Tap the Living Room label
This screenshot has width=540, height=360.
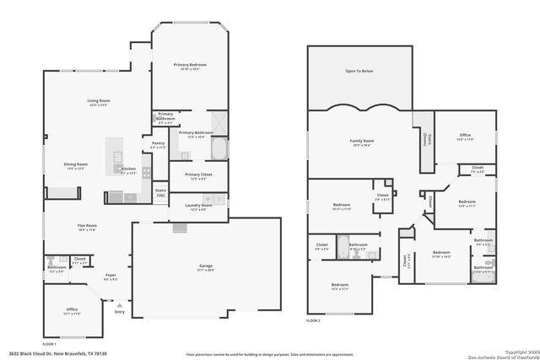point(99,101)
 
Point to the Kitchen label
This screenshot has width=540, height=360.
point(128,169)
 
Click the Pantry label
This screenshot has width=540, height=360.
point(158,143)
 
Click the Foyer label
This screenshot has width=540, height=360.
point(111,274)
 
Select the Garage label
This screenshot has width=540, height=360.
point(205,266)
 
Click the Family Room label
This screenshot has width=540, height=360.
point(361,141)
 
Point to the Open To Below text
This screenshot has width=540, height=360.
point(359,72)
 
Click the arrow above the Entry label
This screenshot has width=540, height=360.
point(119,304)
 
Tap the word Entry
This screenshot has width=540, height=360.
point(119,312)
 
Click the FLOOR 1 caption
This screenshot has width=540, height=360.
point(48,345)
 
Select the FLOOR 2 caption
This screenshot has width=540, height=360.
point(313,321)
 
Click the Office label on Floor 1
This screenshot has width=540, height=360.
point(72,309)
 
